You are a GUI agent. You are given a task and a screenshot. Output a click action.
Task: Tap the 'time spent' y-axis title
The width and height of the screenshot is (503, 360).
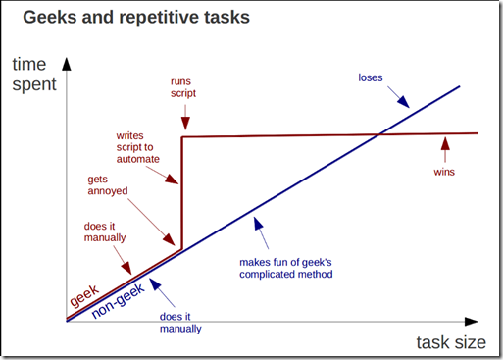(x=33, y=76)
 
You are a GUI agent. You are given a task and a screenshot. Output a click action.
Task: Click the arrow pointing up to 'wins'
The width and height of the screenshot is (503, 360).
(x=445, y=148)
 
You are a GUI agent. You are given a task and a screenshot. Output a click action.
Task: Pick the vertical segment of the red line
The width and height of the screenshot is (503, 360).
(x=182, y=196)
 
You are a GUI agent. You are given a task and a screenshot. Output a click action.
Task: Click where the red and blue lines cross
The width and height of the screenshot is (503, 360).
(x=379, y=134)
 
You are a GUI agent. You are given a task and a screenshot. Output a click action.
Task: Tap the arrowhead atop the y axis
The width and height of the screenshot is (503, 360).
(x=65, y=62)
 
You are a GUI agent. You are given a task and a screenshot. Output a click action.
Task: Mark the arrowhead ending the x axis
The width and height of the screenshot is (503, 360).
(x=477, y=320)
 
